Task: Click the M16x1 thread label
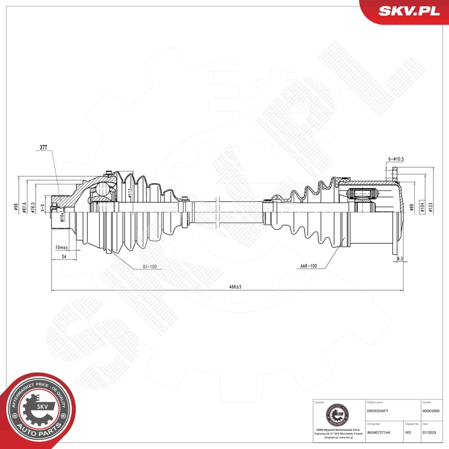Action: click(x=62, y=217)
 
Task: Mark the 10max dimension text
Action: click(x=61, y=247)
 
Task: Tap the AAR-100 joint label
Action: click(x=307, y=267)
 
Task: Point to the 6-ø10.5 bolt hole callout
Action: click(x=397, y=158)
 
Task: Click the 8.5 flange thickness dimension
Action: click(x=400, y=259)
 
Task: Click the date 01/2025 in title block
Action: click(x=430, y=433)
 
